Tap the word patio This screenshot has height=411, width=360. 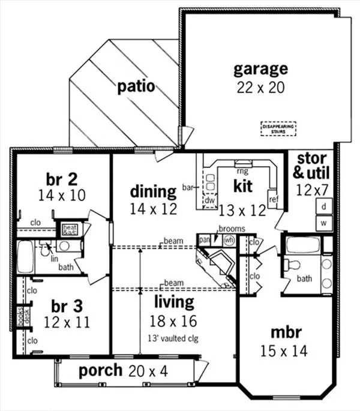click(136, 86)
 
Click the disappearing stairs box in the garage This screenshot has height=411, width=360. click(277, 127)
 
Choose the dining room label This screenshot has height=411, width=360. click(153, 192)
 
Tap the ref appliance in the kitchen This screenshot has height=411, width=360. click(274, 199)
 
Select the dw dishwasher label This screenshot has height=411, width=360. click(209, 200)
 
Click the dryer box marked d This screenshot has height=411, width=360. click(323, 206)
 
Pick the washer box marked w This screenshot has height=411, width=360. click(323, 222)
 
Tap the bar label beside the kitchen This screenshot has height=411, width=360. click(187, 188)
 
